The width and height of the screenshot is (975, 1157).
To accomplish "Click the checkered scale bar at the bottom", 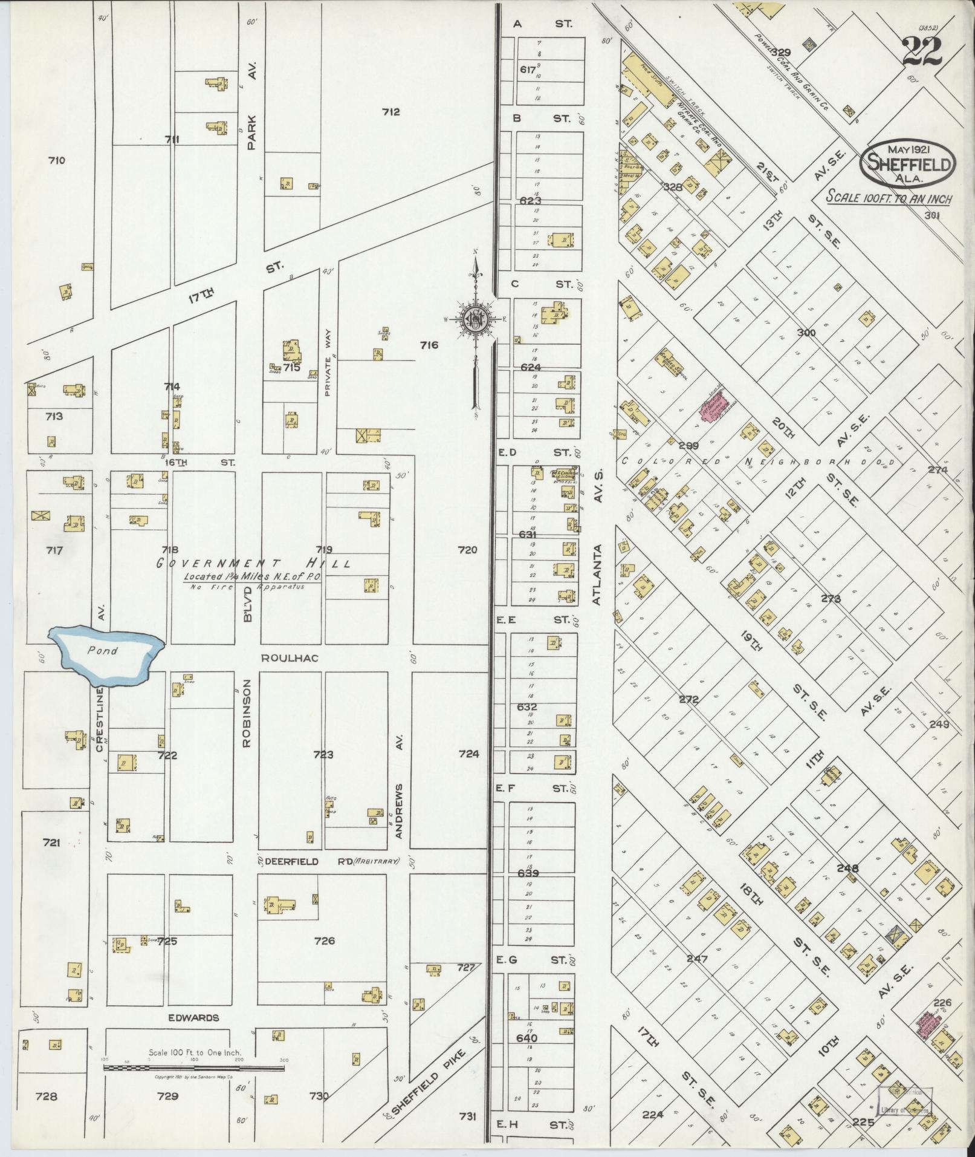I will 193,1068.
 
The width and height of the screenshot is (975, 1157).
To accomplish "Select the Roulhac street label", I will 290,657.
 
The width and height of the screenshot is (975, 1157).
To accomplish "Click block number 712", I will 391,111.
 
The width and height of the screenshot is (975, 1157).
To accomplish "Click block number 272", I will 688,699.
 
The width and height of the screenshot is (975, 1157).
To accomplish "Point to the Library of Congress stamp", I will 904,1099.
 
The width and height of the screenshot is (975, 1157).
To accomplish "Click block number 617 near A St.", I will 528,70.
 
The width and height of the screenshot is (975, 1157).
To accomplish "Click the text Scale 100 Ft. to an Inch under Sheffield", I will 887,198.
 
